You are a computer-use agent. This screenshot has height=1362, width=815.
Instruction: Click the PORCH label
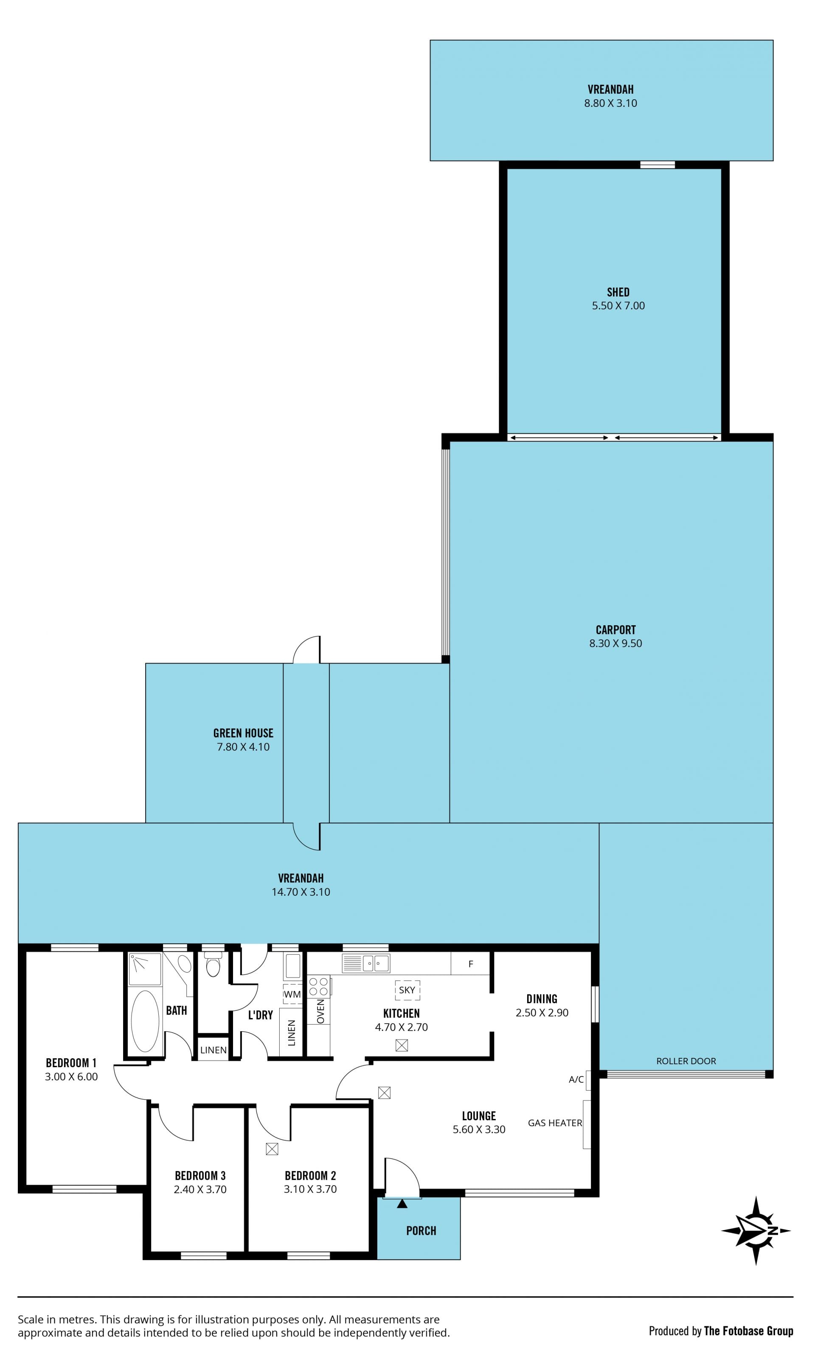tap(421, 1231)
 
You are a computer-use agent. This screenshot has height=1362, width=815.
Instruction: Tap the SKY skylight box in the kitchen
tap(407, 990)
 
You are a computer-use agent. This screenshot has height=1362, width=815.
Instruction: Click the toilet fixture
tap(213, 965)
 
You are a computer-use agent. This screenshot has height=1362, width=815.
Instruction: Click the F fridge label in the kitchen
tap(471, 964)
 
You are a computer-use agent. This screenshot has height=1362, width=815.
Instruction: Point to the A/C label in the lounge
tap(576, 1080)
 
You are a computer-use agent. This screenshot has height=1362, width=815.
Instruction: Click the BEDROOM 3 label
tap(200, 1175)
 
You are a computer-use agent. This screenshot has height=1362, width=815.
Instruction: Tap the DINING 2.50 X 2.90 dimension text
tap(542, 1012)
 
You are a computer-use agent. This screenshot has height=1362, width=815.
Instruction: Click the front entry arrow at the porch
tap(402, 1204)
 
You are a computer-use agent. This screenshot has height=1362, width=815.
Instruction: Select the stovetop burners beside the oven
tap(318, 987)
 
